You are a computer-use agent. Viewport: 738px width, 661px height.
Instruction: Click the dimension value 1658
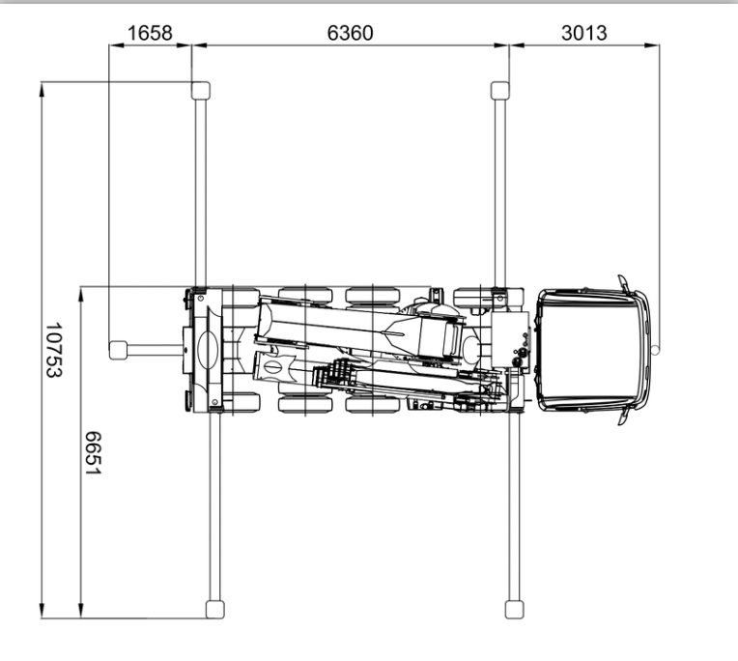tap(150, 33)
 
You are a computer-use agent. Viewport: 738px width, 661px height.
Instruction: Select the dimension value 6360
tap(351, 33)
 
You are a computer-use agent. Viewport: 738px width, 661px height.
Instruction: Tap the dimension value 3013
tap(584, 33)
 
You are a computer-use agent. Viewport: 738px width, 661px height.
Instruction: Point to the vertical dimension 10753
tap(53, 350)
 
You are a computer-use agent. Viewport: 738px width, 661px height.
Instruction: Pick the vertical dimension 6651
tap(93, 453)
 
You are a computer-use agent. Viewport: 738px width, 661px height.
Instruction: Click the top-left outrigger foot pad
tap(201, 91)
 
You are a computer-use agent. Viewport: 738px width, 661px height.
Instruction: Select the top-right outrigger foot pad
tap(499, 91)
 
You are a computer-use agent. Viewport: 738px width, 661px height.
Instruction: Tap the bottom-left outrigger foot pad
tap(215, 609)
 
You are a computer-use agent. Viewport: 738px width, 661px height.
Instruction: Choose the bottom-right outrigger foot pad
tap(514, 609)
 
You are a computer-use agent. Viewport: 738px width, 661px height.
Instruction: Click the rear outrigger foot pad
tap(118, 350)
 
